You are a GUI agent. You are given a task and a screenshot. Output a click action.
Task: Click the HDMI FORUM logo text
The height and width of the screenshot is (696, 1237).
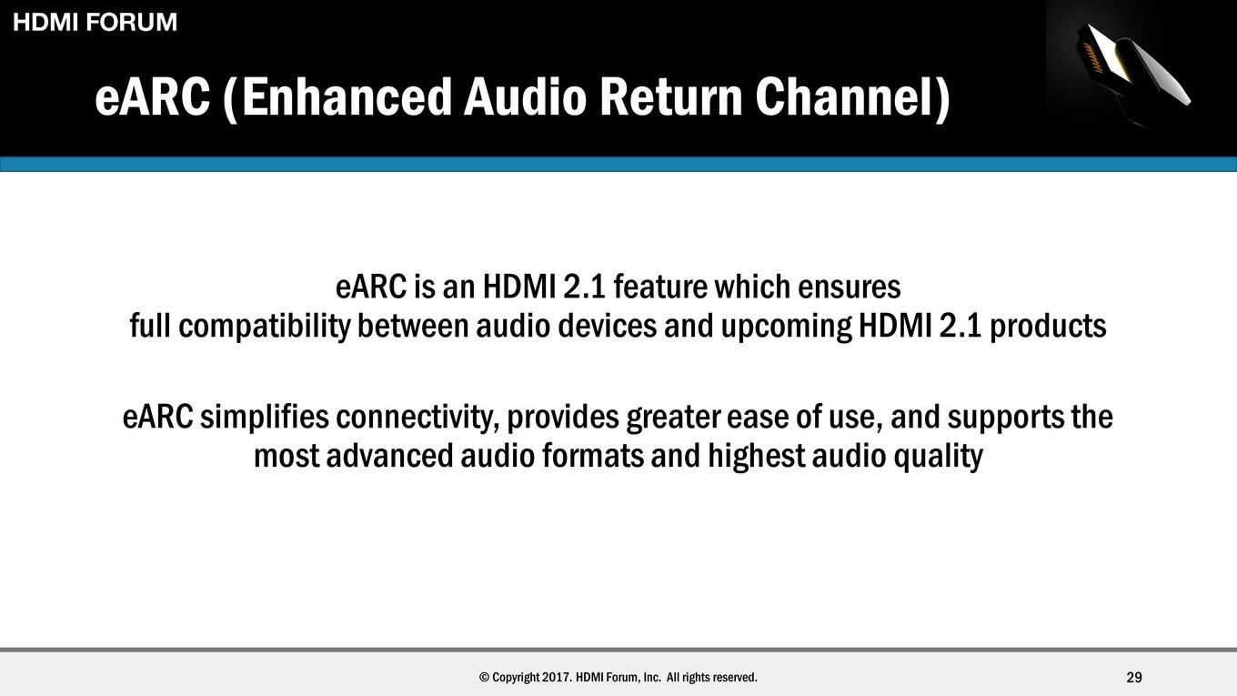pos(95,22)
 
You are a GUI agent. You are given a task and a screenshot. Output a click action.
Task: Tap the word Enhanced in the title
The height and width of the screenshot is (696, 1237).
pos(347,97)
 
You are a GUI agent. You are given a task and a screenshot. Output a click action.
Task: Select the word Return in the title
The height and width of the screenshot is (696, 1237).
pos(671,97)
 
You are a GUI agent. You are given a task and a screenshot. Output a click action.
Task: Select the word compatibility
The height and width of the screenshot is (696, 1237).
pos(265,327)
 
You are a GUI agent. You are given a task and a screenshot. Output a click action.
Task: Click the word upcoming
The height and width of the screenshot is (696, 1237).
pos(787,327)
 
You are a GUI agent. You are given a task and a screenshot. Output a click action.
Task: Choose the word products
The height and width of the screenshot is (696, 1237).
pos(1048,327)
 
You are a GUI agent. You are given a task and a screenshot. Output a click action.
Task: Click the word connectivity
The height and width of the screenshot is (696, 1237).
pos(418,419)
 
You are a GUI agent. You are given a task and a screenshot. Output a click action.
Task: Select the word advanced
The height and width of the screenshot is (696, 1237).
pos(389,456)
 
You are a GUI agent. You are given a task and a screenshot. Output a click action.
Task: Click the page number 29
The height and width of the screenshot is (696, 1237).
pos(1134,677)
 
